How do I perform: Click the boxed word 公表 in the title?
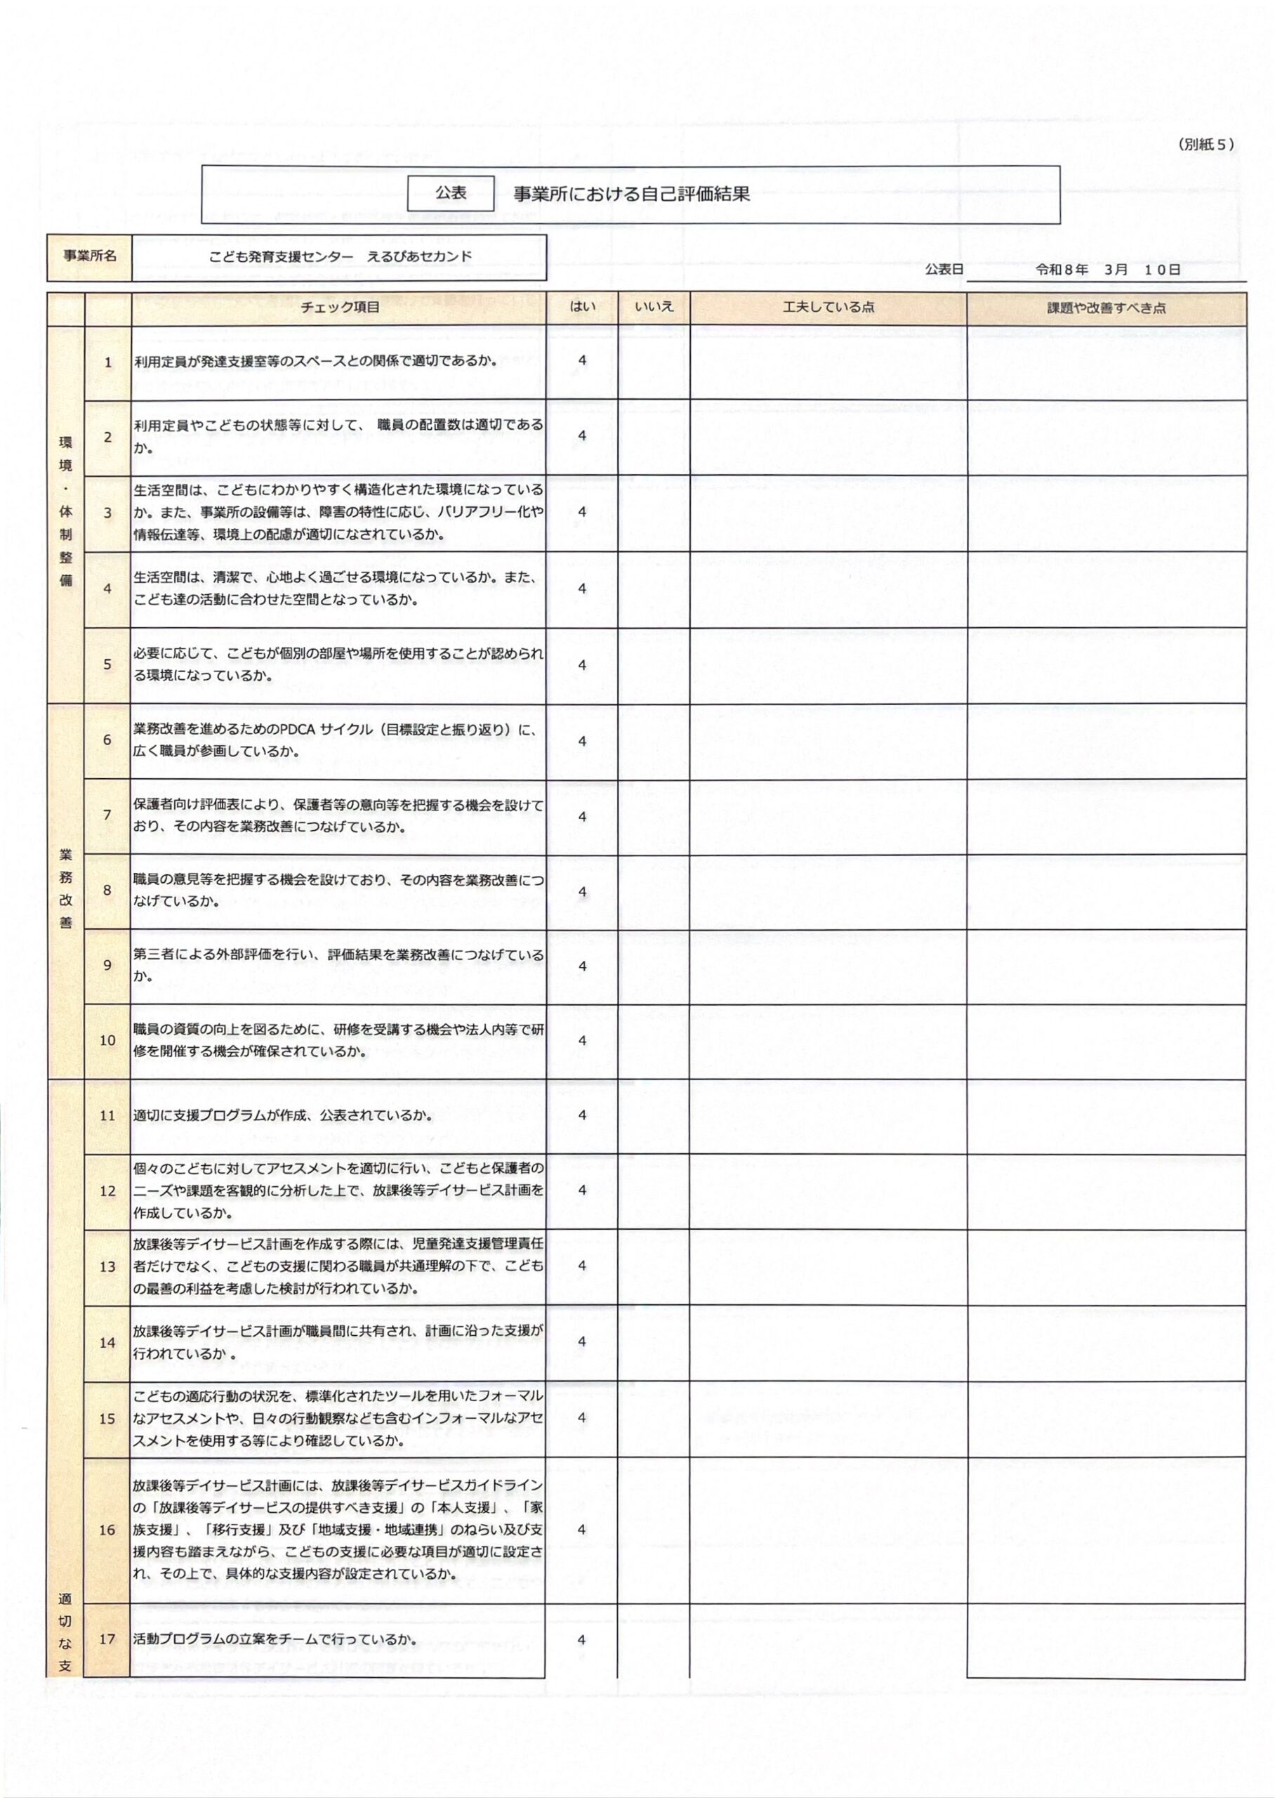451,193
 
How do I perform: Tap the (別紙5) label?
1206,145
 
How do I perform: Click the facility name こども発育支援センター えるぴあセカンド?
341,257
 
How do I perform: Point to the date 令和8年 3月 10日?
1108,269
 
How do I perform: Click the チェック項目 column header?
340,308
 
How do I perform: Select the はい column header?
582,307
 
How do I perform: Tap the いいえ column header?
654,307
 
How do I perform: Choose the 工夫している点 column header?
828,308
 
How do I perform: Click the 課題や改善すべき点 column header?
1106,308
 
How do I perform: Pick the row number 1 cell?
108,362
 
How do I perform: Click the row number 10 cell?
107,1040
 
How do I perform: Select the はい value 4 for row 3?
582,512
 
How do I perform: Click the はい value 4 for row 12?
582,1190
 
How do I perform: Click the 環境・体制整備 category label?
66,511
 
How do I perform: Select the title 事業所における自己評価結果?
631,194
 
